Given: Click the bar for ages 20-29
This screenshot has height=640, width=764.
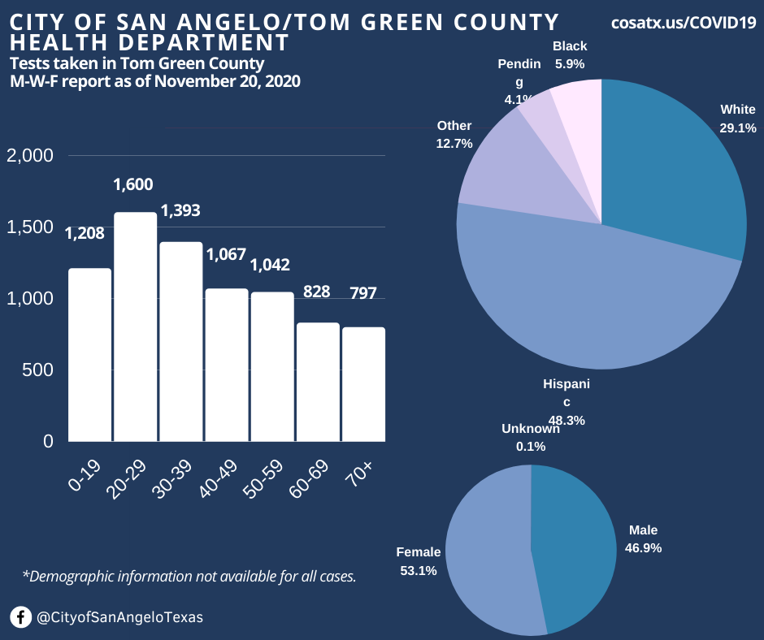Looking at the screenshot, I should tap(135, 326).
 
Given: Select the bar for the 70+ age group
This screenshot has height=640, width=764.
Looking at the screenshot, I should tap(363, 384).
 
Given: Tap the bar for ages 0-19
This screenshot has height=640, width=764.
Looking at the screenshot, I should tap(89, 355).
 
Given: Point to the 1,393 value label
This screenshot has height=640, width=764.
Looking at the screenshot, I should tap(180, 211).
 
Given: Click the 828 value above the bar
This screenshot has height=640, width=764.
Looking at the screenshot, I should tap(316, 291).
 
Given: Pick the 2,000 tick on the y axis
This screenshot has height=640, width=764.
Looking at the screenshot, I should tap(30, 155).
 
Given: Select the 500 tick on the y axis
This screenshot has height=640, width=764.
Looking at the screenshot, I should tap(37, 370).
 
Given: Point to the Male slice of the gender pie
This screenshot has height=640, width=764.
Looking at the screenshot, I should tap(573, 544).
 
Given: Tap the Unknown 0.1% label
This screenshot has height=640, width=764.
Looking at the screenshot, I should tap(531, 437).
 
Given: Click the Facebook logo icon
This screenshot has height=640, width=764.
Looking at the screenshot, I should tap(21, 617).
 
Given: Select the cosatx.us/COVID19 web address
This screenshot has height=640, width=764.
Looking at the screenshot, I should tap(684, 23).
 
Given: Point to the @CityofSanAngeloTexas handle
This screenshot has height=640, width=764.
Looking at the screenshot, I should tap(119, 617).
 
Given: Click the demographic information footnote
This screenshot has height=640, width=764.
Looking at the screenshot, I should tap(189, 577).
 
